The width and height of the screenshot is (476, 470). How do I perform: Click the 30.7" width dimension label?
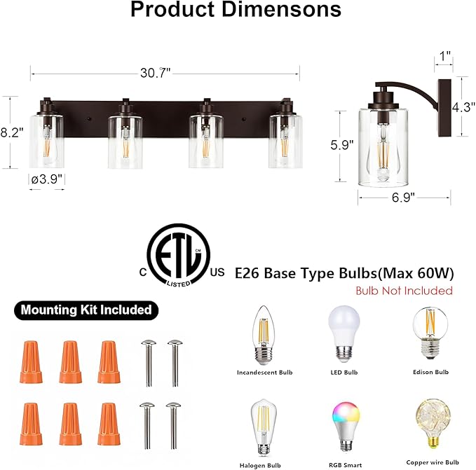pos(165,73)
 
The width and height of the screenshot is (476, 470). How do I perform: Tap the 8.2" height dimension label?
pos(12,131)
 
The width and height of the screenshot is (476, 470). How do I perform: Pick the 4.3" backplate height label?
pos(463,109)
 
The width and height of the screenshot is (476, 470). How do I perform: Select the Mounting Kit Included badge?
pos(86,309)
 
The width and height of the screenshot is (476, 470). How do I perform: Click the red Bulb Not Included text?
pos(404,291)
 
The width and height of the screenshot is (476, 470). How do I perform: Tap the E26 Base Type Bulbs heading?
pos(345,272)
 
